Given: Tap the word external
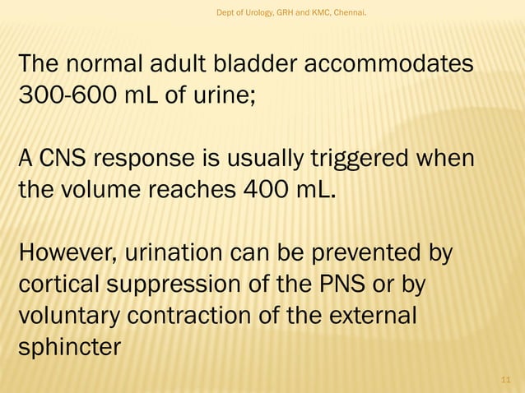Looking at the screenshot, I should pos(371,314).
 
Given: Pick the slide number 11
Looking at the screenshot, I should pos(506,379).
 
